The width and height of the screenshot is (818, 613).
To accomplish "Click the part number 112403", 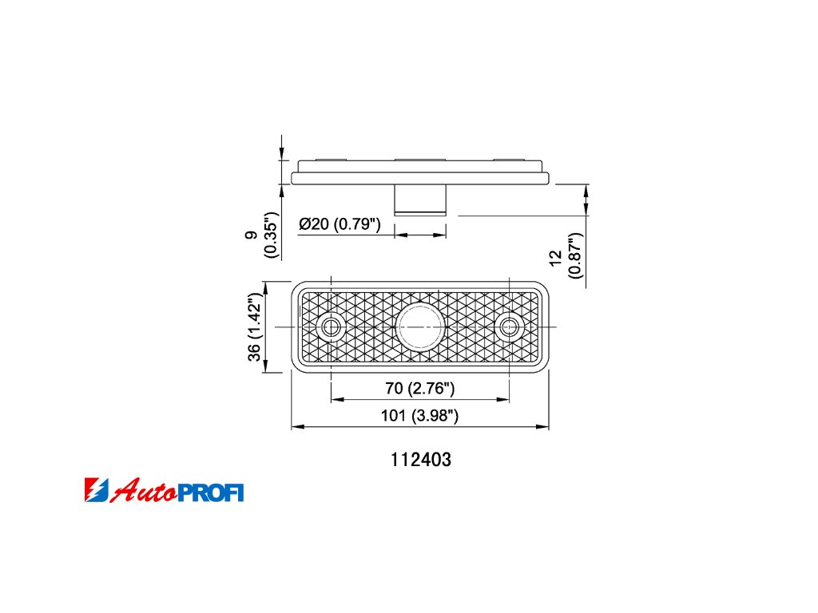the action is coord(421,459).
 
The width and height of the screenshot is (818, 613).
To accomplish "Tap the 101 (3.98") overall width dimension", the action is coord(419,415).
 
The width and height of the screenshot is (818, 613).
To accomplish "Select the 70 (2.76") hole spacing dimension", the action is coord(420,389).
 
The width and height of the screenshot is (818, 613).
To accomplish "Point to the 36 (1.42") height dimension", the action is coord(255,326).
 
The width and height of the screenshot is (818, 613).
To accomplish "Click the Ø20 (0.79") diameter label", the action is coord(340,224).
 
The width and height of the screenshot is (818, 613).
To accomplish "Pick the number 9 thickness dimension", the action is coord(252,235).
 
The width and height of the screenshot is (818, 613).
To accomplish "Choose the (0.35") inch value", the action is coord(271,235).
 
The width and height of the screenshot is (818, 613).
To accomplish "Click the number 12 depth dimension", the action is coord(556,257).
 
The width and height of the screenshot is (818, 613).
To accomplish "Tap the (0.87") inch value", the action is coord(575,255).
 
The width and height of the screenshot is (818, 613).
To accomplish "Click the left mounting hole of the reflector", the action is coord(330,327).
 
